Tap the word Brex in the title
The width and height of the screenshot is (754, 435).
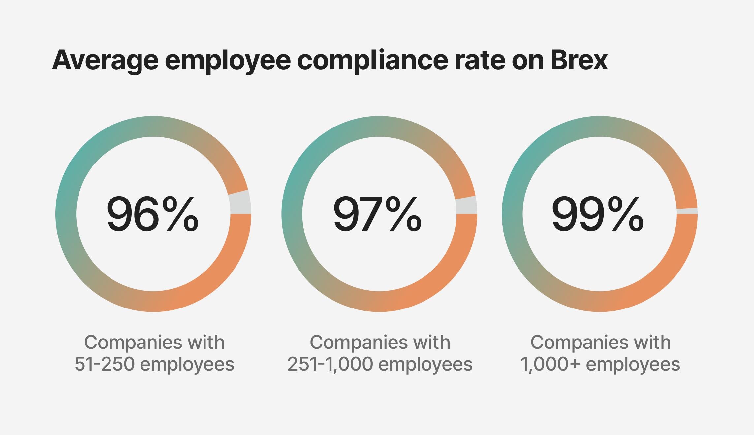click(x=579, y=60)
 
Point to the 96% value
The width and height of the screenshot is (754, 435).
click(x=152, y=214)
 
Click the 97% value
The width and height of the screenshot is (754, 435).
click(x=378, y=214)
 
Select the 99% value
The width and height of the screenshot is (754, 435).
click(x=597, y=214)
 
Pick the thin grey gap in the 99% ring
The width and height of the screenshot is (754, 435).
click(x=687, y=211)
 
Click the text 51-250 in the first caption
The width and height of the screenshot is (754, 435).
click(x=104, y=364)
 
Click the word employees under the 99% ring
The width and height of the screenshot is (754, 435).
click(x=633, y=364)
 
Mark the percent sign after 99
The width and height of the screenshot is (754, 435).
click(x=626, y=214)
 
